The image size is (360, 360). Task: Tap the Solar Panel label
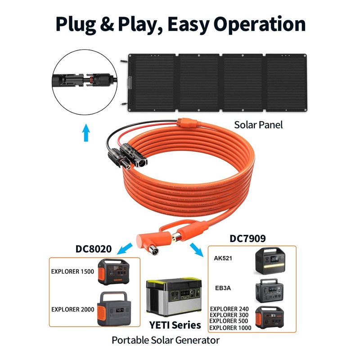(258, 125)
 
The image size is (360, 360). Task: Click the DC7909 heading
(247, 238)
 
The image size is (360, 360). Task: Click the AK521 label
(224, 259)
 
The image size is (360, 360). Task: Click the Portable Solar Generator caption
(166, 340)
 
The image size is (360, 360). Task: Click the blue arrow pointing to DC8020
(126, 247)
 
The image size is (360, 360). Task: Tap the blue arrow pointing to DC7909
(196, 248)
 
